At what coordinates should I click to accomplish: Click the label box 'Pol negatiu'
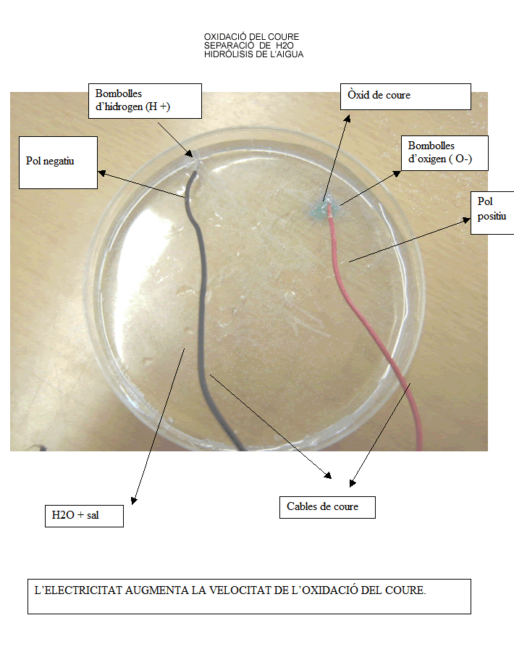click(58, 162)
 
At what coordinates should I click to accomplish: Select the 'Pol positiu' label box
click(492, 213)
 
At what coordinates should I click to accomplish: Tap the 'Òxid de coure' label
click(405, 96)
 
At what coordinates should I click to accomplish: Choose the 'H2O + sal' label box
click(83, 516)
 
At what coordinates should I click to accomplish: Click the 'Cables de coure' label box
click(326, 507)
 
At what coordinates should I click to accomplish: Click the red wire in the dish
click(391, 348)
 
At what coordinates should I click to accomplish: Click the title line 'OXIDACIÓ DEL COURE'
click(251, 37)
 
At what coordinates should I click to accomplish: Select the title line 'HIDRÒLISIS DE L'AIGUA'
click(253, 54)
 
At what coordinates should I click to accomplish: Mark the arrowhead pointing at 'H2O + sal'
click(133, 499)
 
